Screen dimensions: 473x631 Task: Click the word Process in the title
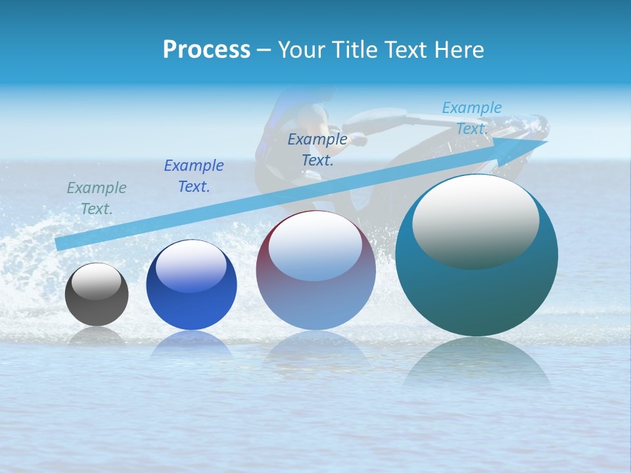pyautogui.click(x=206, y=50)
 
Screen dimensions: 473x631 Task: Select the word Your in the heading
pyautogui.click(x=300, y=50)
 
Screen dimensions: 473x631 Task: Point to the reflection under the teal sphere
pyautogui.click(x=477, y=365)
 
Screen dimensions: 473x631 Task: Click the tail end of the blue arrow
pyautogui.click(x=59, y=244)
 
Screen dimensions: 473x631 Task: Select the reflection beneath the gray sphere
pyautogui.click(x=97, y=336)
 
